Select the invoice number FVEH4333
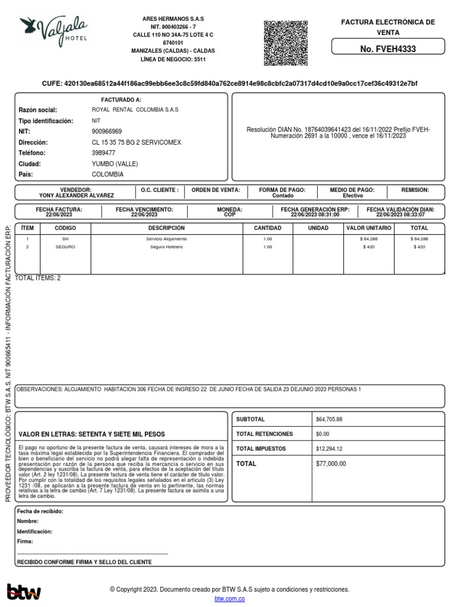point(388,49)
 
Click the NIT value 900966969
point(107,132)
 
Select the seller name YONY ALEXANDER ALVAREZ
point(77,195)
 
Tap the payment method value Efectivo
point(353,195)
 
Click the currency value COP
point(229,215)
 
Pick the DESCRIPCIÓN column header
point(166,228)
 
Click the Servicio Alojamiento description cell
point(166,238)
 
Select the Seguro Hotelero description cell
point(166,247)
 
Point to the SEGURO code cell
point(65,247)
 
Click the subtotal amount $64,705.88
point(331,420)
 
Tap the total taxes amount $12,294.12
point(331,448)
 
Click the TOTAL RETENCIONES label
point(261,434)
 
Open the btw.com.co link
point(229,599)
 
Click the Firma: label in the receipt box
point(26,541)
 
